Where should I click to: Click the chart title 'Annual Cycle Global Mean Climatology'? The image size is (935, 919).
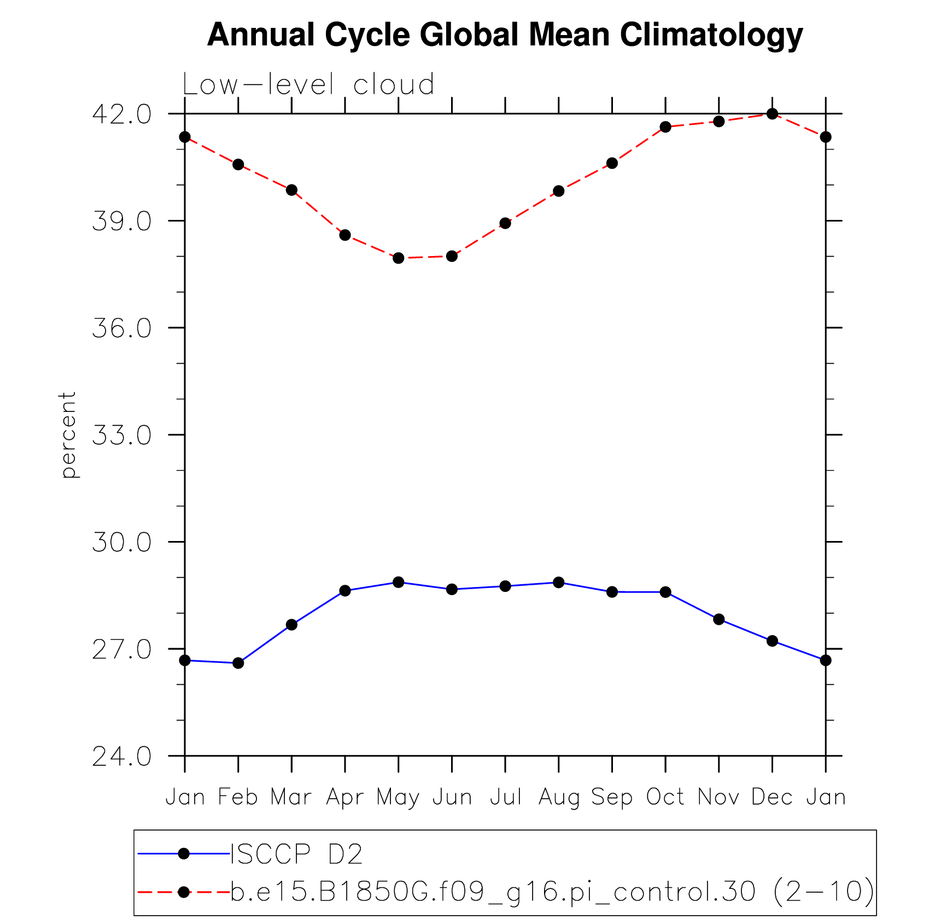tap(505, 35)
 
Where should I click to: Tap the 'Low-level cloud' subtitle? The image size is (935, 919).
tap(308, 85)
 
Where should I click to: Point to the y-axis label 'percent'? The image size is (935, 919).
tap(68, 435)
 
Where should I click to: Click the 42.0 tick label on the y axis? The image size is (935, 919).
tap(121, 114)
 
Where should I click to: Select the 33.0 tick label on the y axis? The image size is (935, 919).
tap(121, 435)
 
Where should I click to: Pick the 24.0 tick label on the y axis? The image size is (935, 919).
tap(121, 757)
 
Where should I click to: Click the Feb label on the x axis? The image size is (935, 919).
tap(238, 797)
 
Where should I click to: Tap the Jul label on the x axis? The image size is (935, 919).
tap(505, 797)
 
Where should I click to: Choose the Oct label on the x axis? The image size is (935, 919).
tap(665, 797)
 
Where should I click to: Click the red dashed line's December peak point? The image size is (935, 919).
tap(772, 114)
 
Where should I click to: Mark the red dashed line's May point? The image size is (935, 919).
tap(399, 258)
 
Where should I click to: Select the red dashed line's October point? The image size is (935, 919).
tap(665, 127)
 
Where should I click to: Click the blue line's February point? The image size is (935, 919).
tap(238, 663)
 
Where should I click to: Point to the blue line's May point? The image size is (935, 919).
tap(399, 582)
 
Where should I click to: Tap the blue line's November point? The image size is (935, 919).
tap(719, 619)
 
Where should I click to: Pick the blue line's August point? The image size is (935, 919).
tap(559, 583)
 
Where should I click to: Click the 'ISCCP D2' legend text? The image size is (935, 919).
tap(296, 854)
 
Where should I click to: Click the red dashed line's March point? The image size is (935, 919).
tap(291, 190)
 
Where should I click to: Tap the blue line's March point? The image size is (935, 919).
tap(291, 625)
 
